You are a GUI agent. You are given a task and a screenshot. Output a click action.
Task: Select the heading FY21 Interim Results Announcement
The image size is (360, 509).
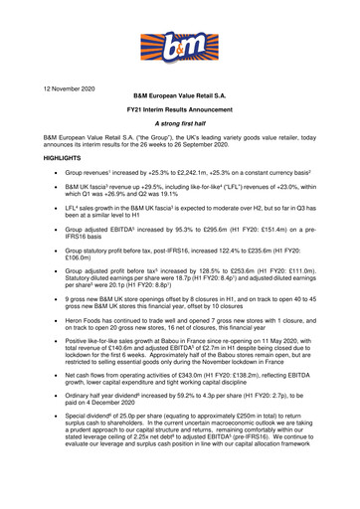[x=181, y=117]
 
